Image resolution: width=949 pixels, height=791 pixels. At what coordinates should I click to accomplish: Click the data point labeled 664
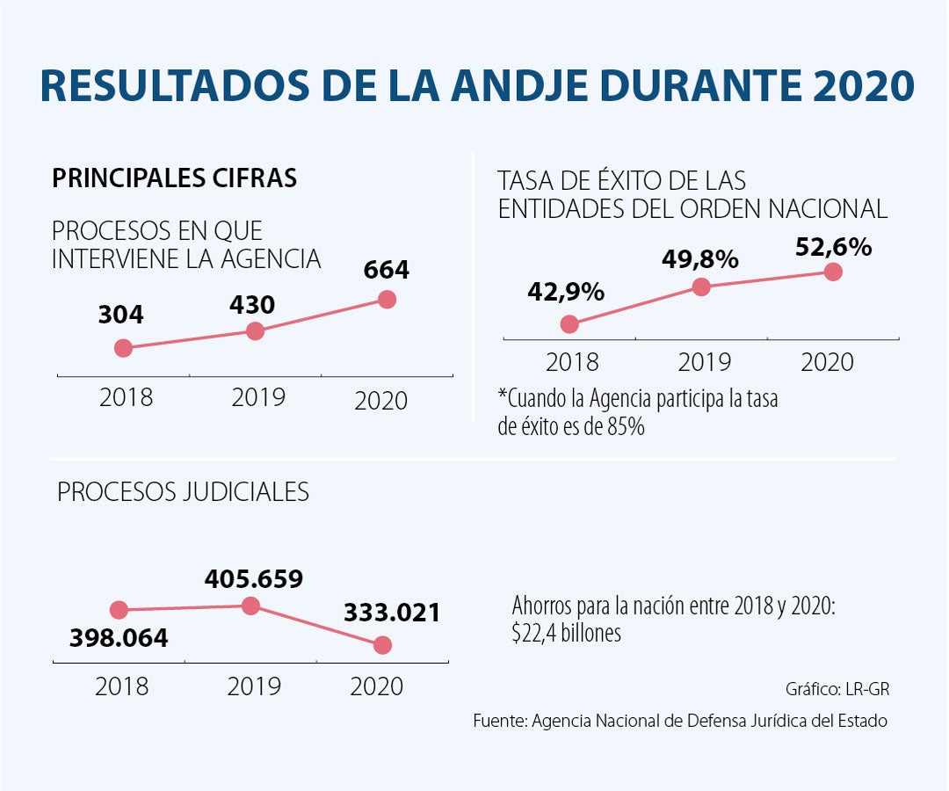[387, 300]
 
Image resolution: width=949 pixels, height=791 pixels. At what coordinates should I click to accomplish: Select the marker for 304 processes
[123, 348]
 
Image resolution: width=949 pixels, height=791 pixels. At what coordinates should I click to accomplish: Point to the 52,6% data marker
[833, 272]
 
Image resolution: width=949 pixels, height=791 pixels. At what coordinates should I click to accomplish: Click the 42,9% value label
[566, 291]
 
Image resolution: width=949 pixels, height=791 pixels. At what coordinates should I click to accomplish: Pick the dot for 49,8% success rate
[701, 287]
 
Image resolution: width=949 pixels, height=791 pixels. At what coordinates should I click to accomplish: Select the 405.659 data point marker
[250, 605]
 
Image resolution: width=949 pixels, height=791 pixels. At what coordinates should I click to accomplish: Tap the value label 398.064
[119, 638]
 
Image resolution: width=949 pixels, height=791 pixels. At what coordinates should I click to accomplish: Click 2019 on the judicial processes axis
[254, 686]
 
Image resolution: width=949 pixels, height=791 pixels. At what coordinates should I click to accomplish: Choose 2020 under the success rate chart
[828, 362]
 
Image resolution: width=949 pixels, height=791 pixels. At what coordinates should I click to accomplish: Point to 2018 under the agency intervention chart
[126, 397]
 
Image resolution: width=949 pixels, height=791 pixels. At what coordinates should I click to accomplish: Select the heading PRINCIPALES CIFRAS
[175, 178]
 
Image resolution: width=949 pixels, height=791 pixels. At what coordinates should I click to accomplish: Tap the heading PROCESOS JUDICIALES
[183, 492]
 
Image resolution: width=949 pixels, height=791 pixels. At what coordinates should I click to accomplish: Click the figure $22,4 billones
[566, 634]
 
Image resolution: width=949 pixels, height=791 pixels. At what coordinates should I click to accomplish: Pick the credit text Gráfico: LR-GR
[837, 688]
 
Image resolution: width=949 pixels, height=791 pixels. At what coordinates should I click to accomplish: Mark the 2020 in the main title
[864, 86]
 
